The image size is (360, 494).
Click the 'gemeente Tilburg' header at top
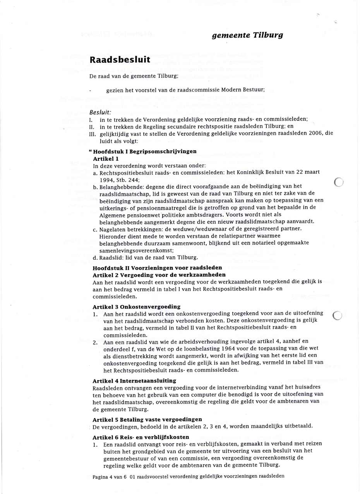(247, 36)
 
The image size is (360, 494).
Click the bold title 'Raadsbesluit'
(120, 60)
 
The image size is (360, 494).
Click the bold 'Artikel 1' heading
(106, 158)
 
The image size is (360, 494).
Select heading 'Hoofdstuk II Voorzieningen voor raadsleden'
(157, 268)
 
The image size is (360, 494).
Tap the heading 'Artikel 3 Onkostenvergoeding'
(137, 306)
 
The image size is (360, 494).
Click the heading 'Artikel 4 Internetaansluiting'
(134, 381)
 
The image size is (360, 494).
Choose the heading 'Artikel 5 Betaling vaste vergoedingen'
(147, 419)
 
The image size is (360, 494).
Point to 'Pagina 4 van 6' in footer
(110, 476)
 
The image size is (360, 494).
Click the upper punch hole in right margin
(338, 182)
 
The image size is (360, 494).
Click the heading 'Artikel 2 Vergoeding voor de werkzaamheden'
(159, 275)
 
